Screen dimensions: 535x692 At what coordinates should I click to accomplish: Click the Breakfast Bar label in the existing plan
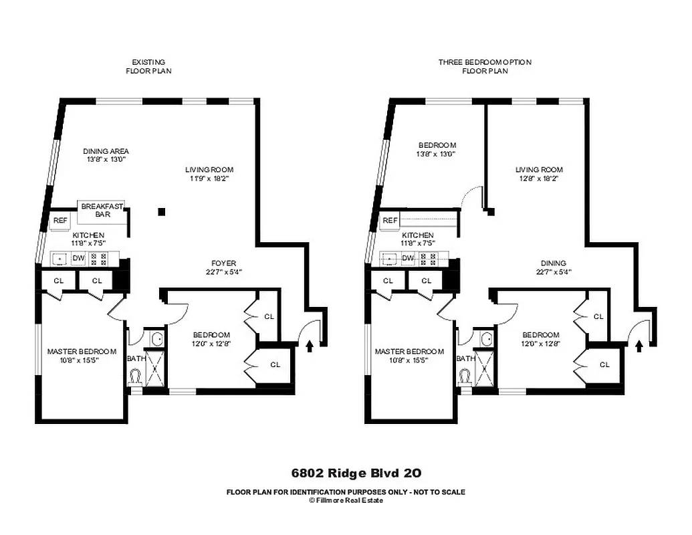[x=102, y=210]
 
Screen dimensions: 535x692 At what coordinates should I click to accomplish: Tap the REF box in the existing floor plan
[x=60, y=219]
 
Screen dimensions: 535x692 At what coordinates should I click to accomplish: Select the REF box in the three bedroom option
[x=390, y=220]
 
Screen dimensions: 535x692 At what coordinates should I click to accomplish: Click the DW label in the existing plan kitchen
[x=78, y=258]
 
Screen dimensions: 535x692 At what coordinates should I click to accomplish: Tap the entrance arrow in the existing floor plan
[x=310, y=346]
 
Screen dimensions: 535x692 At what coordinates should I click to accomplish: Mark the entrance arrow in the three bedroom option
[x=639, y=346]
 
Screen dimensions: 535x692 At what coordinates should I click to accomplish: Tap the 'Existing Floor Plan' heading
[x=148, y=66]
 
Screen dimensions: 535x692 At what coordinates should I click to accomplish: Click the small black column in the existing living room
[x=161, y=212]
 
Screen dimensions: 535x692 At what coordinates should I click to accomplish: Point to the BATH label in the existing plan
[x=136, y=358]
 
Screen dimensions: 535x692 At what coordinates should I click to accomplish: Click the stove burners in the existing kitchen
[x=99, y=258]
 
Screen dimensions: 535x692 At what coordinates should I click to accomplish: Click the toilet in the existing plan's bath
[x=136, y=377]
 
